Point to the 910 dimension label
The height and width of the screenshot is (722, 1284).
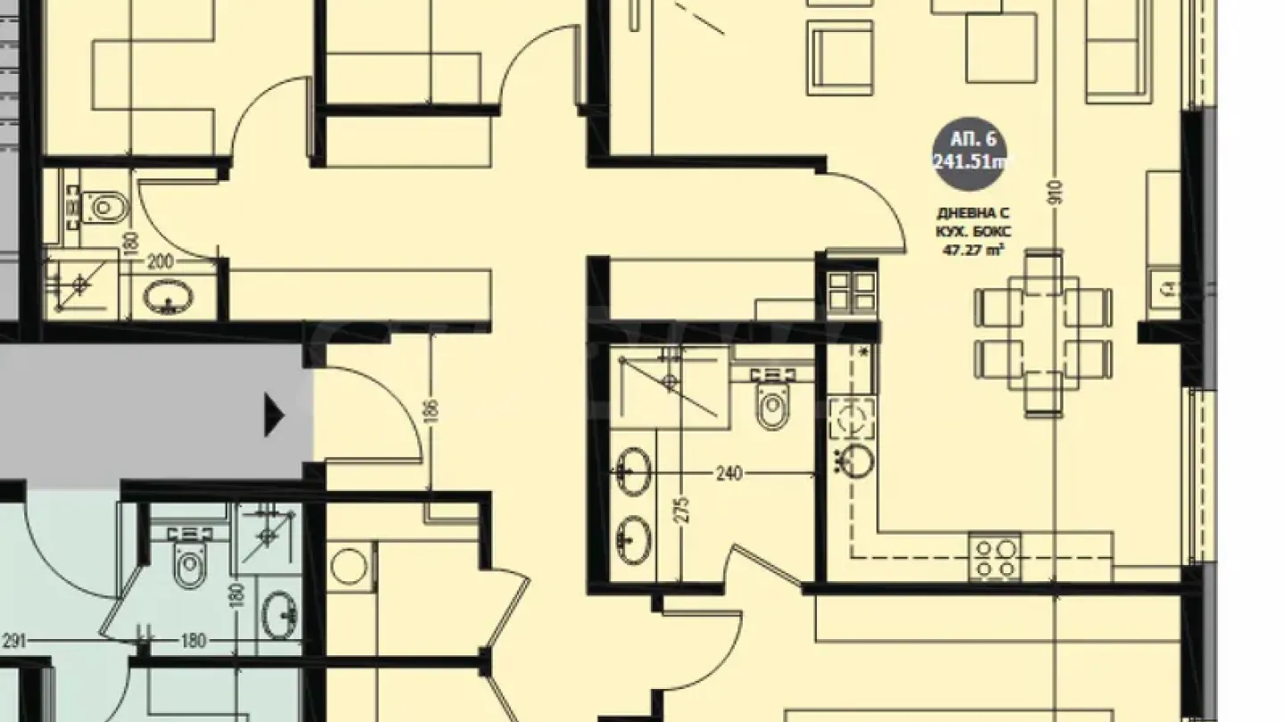pyautogui.click(x=1056, y=193)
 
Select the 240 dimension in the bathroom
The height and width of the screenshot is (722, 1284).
pyautogui.click(x=729, y=474)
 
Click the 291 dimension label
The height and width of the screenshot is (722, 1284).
pyautogui.click(x=13, y=640)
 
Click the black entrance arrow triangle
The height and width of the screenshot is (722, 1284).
pyautogui.click(x=274, y=416)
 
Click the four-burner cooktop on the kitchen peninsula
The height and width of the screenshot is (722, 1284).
pyautogui.click(x=995, y=557)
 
